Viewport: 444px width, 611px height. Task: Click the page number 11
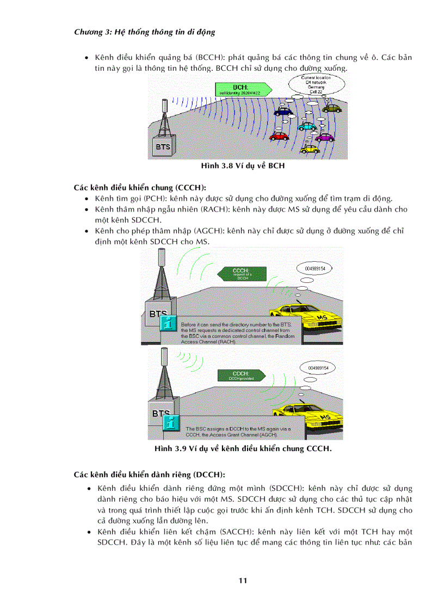243,581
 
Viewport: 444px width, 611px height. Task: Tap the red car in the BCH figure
279,135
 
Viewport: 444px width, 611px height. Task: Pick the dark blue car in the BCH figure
283,112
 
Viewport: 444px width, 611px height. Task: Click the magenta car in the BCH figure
325,137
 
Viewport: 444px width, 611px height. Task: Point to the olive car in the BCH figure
331,108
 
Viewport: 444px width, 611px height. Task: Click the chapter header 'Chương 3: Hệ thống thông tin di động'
144,32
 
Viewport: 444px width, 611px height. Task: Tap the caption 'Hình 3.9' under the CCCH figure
243,449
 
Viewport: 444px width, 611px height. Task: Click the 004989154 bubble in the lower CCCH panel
318,368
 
